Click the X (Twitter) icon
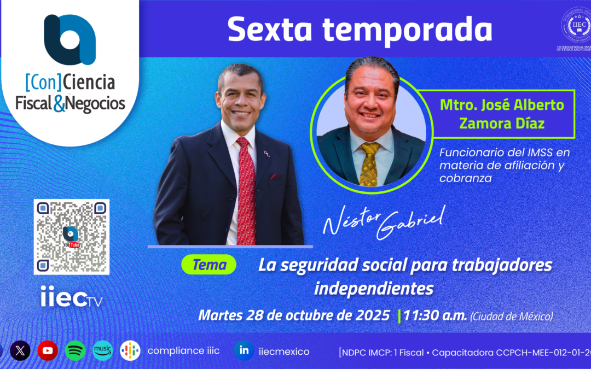coord(20,351)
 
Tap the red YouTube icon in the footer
coord(48,351)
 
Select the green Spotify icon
coord(75,351)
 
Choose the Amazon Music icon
coord(102,351)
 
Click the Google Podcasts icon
coord(130,351)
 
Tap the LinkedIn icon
coord(244,351)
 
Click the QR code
coord(72,237)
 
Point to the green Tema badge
coord(208,266)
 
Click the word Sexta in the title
coord(268,30)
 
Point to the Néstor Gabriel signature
coord(383,221)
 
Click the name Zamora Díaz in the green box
coord(502,124)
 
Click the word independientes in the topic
coord(374,288)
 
